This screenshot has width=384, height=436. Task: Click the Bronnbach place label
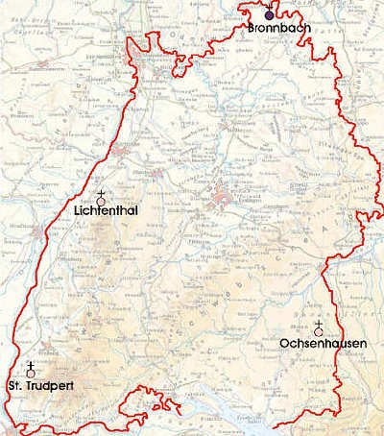276,29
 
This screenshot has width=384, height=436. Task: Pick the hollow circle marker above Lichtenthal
101,202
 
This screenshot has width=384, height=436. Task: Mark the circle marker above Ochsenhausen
318,331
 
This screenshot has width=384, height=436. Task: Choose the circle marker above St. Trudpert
32,375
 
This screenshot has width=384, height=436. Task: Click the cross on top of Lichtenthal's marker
101,193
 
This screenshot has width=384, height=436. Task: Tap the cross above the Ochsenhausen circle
318,323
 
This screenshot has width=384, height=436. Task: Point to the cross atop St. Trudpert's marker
32,365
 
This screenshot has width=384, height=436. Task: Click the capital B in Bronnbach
251,29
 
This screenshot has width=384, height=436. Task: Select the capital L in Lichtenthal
77,212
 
